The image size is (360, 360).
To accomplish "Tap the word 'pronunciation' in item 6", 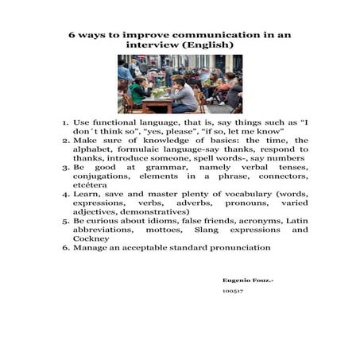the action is coord(234,247).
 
